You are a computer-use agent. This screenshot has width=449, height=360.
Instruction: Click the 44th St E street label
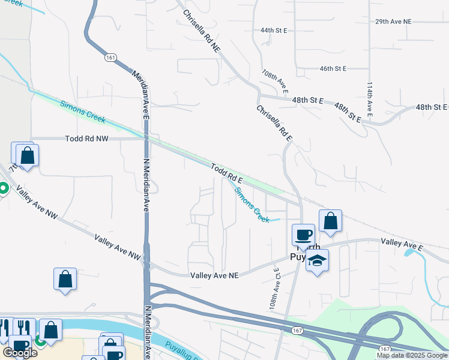click(274, 30)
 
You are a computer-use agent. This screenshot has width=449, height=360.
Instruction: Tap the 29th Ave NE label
click(394, 22)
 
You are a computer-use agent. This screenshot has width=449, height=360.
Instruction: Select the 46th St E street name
click(333, 69)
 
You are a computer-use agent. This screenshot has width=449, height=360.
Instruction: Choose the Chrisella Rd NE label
click(202, 31)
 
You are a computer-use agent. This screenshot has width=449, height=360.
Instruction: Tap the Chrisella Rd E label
click(274, 124)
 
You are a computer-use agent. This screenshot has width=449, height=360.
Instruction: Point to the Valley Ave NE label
click(214, 275)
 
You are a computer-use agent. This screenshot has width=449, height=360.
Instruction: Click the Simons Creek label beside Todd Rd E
click(252, 205)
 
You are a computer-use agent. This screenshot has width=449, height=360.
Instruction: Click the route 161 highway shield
click(110, 58)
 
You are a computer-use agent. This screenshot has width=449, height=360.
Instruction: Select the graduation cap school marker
click(318, 260)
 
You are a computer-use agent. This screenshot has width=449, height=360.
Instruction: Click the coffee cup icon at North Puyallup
click(303, 234)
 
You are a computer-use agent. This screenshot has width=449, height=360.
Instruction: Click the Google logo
click(20, 353)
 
